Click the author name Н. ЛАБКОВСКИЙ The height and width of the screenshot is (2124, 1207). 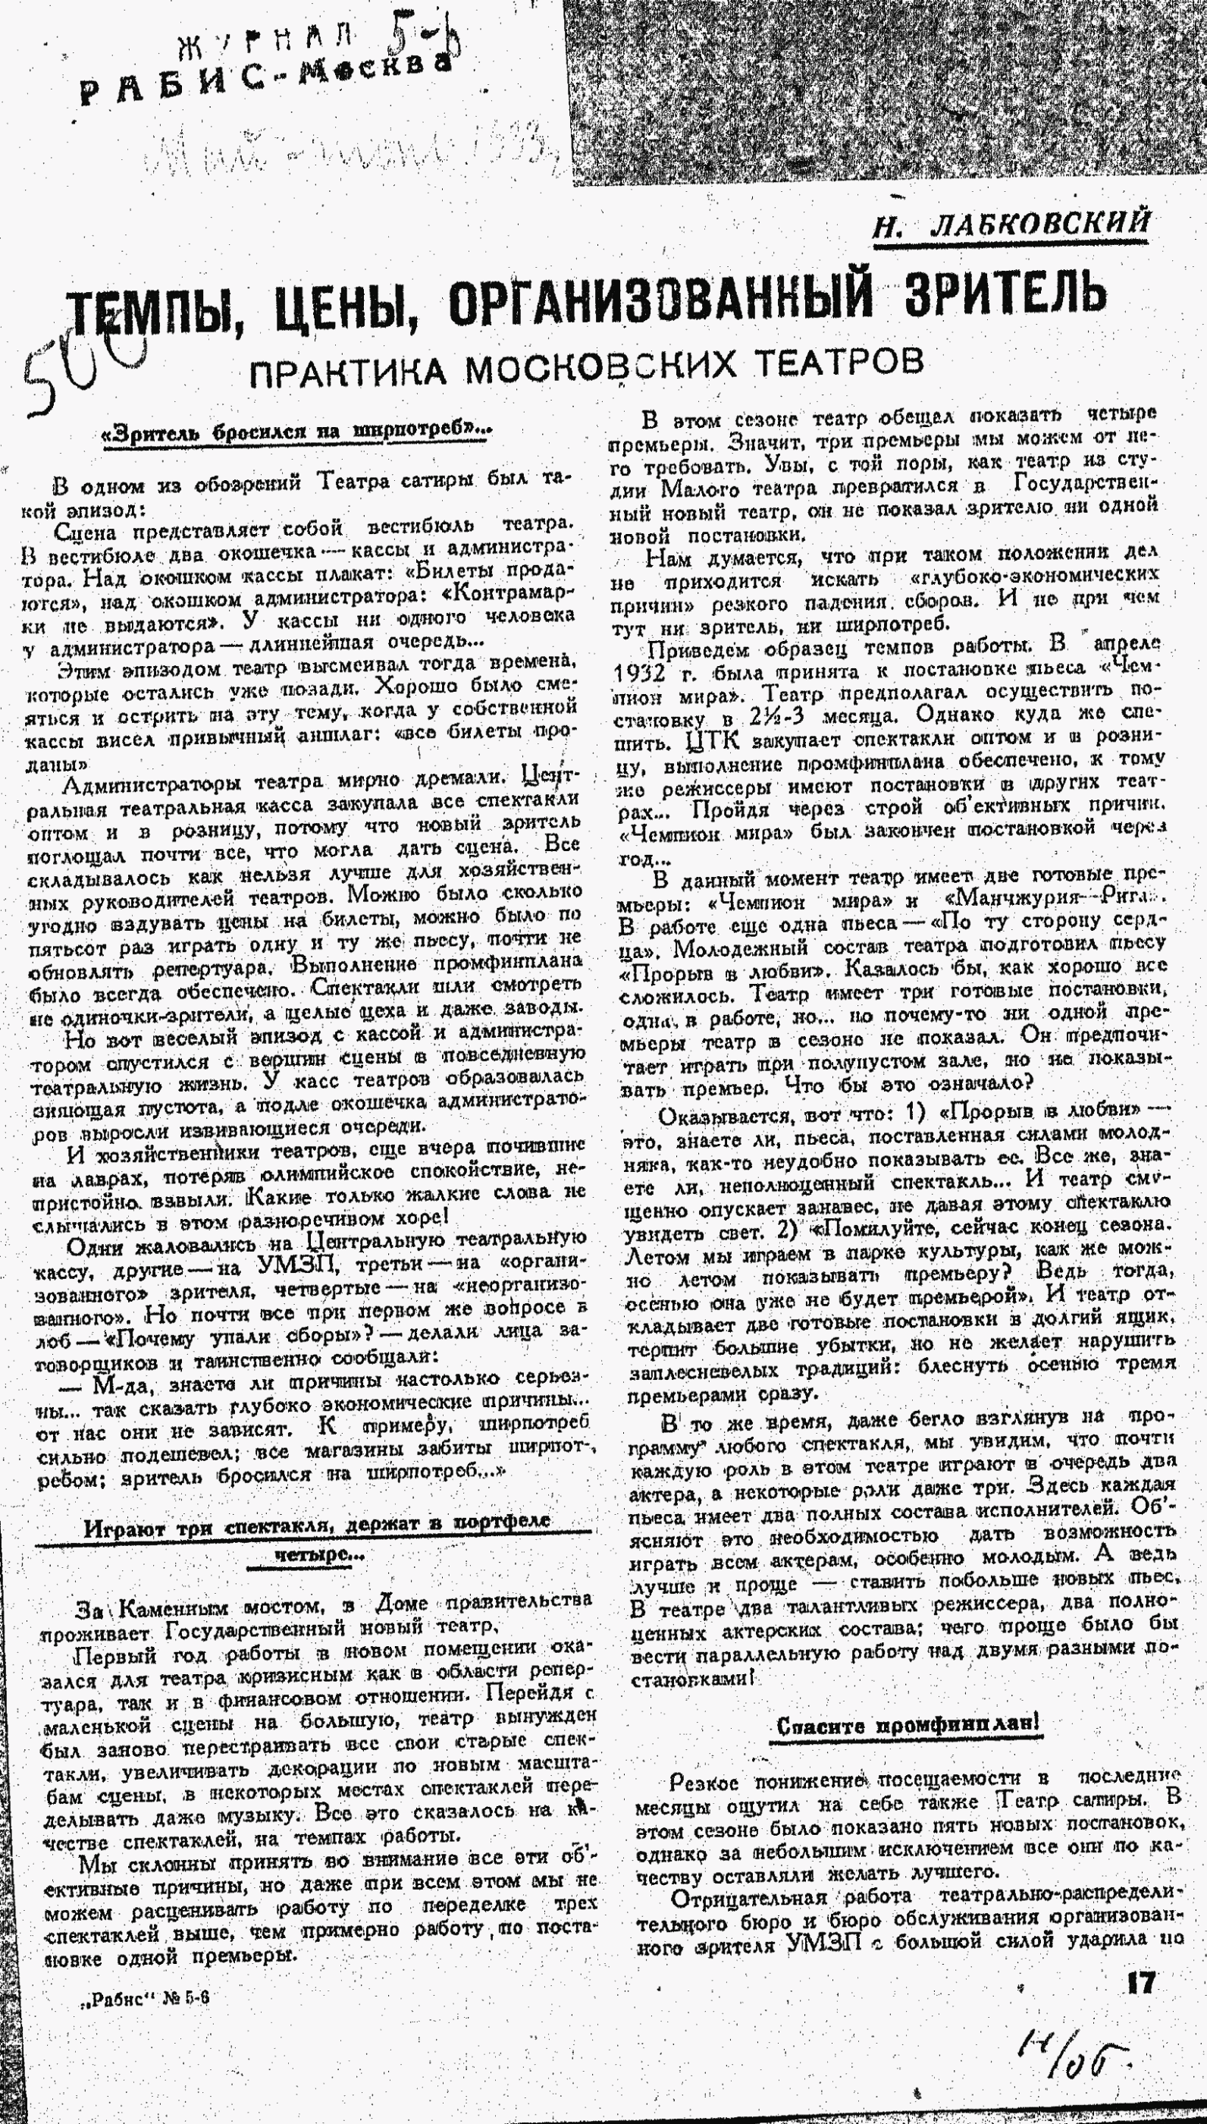(1011, 224)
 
